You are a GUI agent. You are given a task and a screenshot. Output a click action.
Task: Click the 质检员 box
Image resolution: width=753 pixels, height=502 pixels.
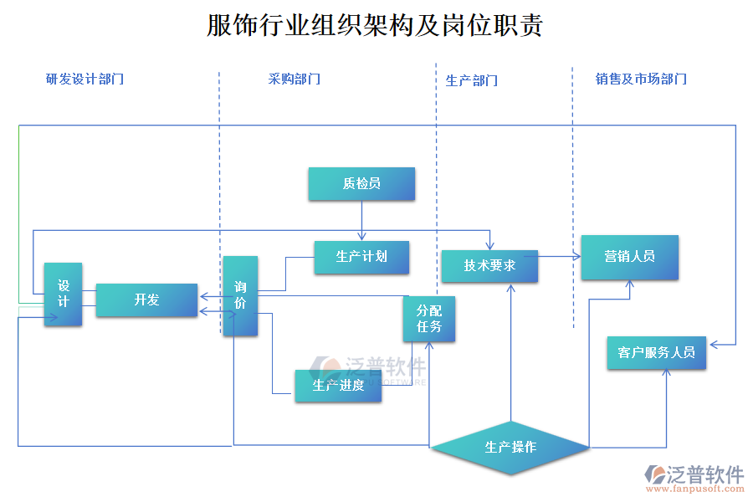click(x=361, y=184)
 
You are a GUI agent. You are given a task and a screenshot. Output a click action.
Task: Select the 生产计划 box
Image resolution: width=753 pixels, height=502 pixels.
click(x=361, y=257)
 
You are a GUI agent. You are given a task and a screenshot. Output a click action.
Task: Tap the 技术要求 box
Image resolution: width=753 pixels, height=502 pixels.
click(x=489, y=266)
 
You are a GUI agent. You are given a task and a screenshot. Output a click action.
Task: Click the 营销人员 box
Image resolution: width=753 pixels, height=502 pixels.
click(x=629, y=257)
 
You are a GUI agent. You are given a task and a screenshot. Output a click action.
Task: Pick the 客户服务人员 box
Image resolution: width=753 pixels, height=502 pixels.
click(x=657, y=352)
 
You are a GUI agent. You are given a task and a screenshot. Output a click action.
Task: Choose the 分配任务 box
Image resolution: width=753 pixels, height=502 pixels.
click(x=429, y=319)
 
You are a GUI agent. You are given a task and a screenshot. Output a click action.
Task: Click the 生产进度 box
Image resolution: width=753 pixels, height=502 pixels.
click(x=338, y=386)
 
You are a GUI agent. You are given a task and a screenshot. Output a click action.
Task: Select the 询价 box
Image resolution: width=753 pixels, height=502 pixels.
click(x=240, y=296)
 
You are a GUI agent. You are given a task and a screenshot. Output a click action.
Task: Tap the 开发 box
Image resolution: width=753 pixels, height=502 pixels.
click(x=146, y=300)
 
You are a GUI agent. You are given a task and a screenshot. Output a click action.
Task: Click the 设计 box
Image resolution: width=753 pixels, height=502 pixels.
click(x=63, y=295)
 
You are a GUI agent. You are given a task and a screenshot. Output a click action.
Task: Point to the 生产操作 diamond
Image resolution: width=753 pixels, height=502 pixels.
click(x=510, y=447)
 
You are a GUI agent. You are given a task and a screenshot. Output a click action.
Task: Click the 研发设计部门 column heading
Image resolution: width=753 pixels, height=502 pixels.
click(x=85, y=79)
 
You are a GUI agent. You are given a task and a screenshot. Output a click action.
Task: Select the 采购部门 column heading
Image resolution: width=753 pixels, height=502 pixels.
click(x=294, y=79)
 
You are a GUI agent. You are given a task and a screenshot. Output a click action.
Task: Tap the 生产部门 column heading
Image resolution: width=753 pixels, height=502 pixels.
click(x=471, y=80)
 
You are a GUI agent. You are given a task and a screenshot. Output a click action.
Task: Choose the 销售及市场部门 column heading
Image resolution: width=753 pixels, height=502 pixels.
click(x=641, y=79)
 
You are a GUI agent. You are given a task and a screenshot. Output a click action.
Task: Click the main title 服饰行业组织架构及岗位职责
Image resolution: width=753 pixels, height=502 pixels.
click(x=375, y=26)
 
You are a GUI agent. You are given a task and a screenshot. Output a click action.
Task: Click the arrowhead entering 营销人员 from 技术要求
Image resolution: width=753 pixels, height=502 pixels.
click(x=576, y=257)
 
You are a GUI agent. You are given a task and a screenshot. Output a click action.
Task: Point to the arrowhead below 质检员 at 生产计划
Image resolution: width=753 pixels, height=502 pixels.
click(x=361, y=238)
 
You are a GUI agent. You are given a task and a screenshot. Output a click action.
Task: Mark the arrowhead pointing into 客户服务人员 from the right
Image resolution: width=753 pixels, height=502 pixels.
click(x=712, y=344)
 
